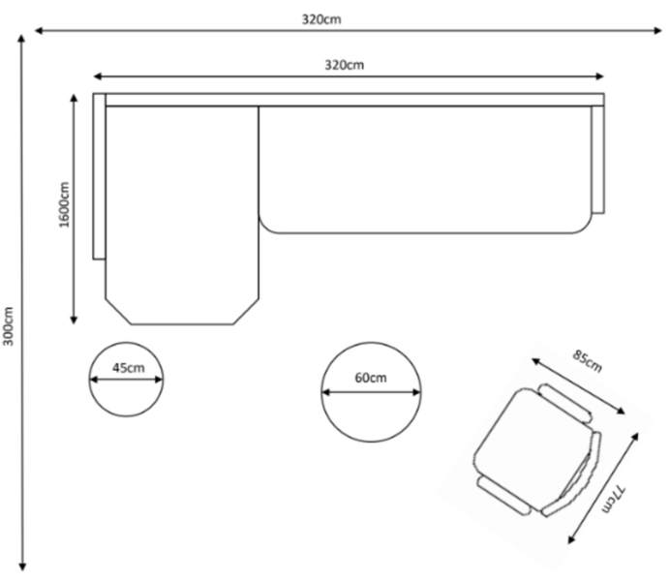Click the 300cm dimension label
[x=9, y=326]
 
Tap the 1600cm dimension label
[x=64, y=204]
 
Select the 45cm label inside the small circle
[x=128, y=368]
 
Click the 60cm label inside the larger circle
[x=371, y=378]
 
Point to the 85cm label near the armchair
[x=587, y=361]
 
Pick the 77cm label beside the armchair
[x=614, y=499]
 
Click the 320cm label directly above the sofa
[x=345, y=65]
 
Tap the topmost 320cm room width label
[x=321, y=19]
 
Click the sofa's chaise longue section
[x=182, y=215]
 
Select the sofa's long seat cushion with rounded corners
[x=425, y=169]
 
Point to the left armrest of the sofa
[x=99, y=176]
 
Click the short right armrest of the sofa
[x=597, y=160]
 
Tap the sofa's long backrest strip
[x=354, y=100]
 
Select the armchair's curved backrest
[x=571, y=474]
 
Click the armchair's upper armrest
[x=565, y=404]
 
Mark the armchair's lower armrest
[x=504, y=496]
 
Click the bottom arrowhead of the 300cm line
[x=22, y=567]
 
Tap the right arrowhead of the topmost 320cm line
[x=658, y=30]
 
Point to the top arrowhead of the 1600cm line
[x=74, y=98]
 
